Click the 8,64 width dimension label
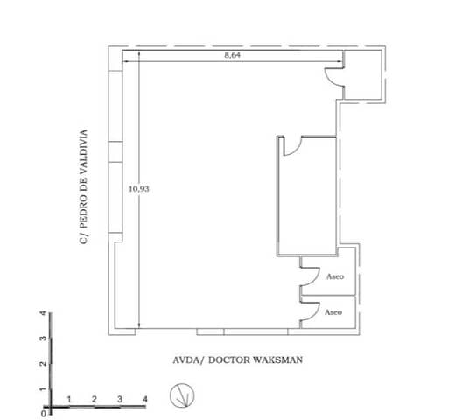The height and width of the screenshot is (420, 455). (x=232, y=54)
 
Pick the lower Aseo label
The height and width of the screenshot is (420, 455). (x=333, y=311)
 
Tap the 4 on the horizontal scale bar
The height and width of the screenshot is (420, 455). (x=144, y=399)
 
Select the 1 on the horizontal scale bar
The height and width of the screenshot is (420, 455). (x=68, y=399)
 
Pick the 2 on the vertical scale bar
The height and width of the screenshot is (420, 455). (x=41, y=363)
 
